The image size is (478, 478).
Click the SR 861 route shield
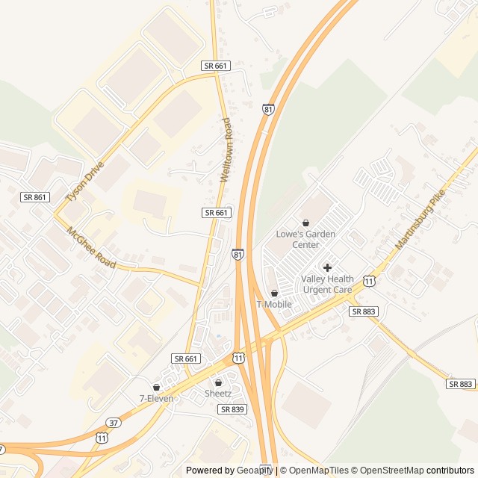pyautogui.click(x=34, y=196)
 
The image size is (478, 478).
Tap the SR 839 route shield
pyautogui.click(x=232, y=409)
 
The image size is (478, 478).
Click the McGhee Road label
pyautogui.click(x=91, y=248)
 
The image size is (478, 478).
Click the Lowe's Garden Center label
pyautogui.click(x=305, y=239)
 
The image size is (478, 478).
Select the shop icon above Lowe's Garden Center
pyautogui.click(x=305, y=223)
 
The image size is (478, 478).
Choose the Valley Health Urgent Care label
pyautogui.click(x=326, y=285)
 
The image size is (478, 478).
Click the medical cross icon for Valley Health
pyautogui.click(x=327, y=267)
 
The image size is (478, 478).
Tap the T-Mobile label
pyautogui.click(x=274, y=304)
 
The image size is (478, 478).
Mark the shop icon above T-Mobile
pyautogui.click(x=274, y=293)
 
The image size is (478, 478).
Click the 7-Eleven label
pyautogui.click(x=156, y=398)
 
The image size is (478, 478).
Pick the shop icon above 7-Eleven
pyautogui.click(x=156, y=387)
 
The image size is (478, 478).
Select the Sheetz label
pyautogui.click(x=218, y=393)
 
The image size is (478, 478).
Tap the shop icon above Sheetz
pyautogui.click(x=218, y=382)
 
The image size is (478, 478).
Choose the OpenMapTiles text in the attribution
pyautogui.click(x=318, y=471)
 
